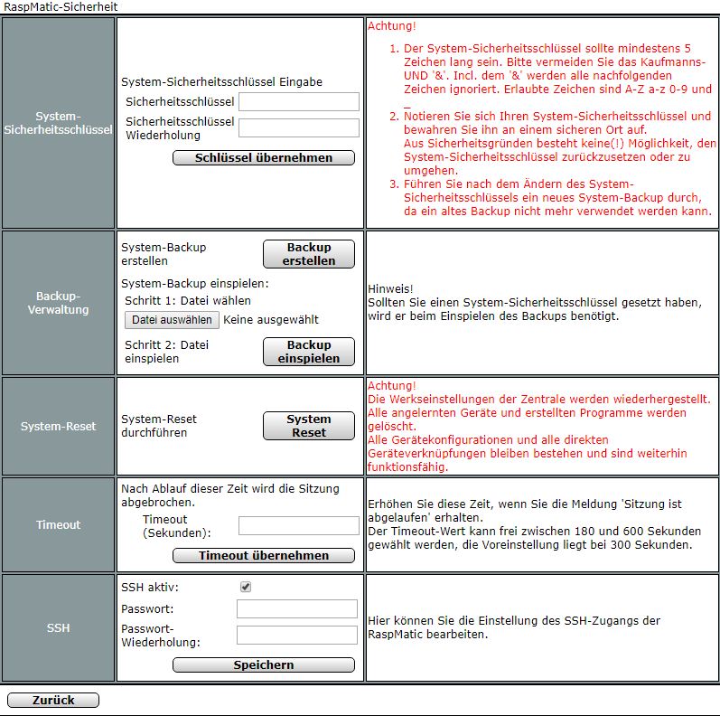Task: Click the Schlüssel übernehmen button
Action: [x=263, y=158]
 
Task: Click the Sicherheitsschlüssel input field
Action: [x=298, y=101]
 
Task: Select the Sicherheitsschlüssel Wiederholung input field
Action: [x=298, y=127]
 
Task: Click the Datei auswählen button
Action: [x=172, y=320]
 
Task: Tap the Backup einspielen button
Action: [x=308, y=352]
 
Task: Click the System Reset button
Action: [x=308, y=426]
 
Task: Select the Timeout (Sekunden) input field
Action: [x=298, y=525]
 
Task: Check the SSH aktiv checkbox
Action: [x=246, y=587]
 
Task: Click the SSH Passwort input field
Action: [x=296, y=609]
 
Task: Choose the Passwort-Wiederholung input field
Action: [x=296, y=636]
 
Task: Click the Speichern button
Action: [x=263, y=665]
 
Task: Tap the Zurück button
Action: [x=52, y=701]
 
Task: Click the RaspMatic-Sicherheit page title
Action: [x=60, y=7]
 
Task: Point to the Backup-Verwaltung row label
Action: [x=58, y=303]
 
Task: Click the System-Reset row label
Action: [x=58, y=426]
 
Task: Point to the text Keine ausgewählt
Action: [x=271, y=320]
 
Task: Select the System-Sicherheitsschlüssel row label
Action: [x=58, y=123]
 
